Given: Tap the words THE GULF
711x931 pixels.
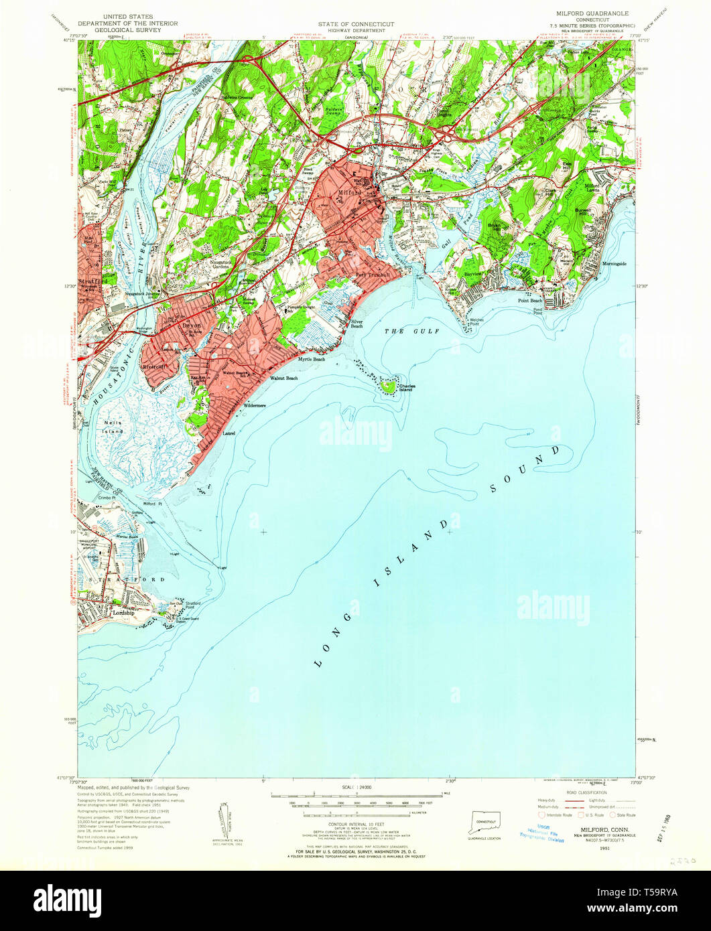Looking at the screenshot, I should coord(407,332).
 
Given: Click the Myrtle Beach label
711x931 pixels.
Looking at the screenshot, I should coord(312,360).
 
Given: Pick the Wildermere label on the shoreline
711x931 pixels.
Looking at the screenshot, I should coord(255,406).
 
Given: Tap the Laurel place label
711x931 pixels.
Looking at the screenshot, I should coord(229,433).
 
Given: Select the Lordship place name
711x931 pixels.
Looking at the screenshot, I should coord(123,613).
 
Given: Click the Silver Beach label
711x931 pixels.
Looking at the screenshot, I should coord(357,324).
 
